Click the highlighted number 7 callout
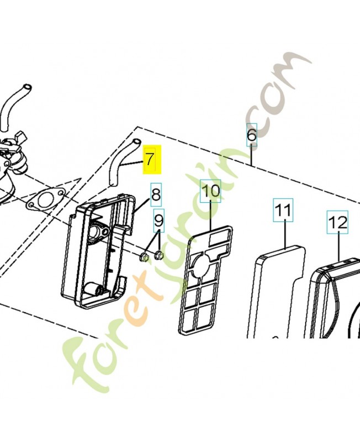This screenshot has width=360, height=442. tap(151, 160)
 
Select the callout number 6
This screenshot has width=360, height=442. tap(252, 135)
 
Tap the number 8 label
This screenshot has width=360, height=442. tap(156, 194)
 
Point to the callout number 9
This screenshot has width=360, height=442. tap(159, 220)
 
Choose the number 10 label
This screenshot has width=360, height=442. tap(210, 191)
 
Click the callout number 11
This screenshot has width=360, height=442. tap(283, 210)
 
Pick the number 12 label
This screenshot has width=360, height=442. tap(337, 222)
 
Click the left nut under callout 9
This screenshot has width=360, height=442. tap(144, 256)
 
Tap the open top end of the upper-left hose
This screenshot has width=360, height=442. tap(27, 87)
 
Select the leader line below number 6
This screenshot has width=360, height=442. tap(252, 155)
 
